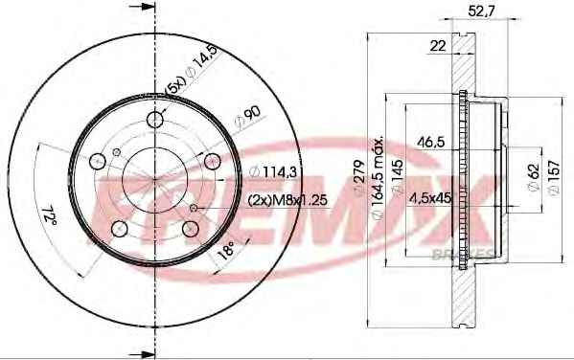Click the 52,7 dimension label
[481, 11]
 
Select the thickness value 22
[438, 46]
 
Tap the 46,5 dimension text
[431, 142]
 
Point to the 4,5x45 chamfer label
[429, 198]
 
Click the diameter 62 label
[534, 176]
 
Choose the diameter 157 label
[554, 177]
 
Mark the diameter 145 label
[397, 176]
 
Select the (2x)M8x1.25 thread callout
[287, 200]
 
